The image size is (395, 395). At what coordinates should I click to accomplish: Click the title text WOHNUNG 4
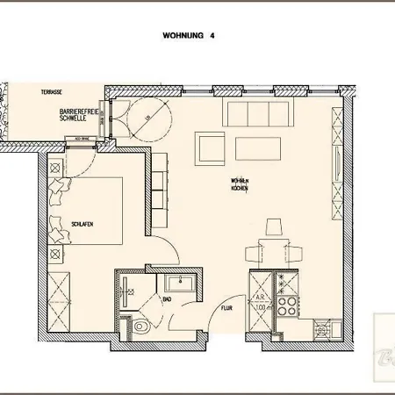(189, 37)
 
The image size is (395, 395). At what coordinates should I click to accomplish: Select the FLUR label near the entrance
(226, 309)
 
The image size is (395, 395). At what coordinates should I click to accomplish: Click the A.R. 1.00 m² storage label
(261, 304)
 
